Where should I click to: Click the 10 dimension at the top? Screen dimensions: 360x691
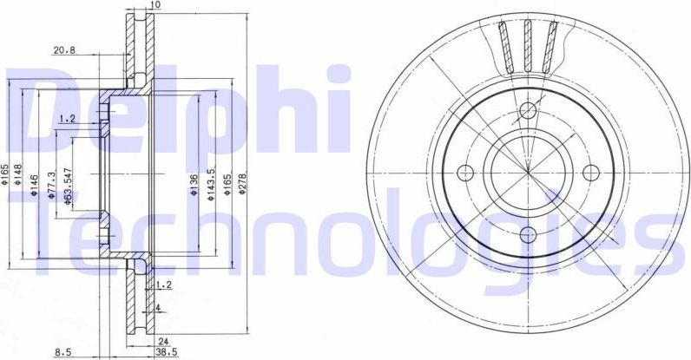coord(154,5)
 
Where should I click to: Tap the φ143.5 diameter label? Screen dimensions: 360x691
coord(211,185)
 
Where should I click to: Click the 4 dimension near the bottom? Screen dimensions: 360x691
coord(158,307)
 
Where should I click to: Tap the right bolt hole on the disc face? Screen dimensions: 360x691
coord(592,172)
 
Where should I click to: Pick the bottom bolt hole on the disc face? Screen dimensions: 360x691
coord(529,234)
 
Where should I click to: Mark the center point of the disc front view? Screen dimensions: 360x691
coord(529,172)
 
